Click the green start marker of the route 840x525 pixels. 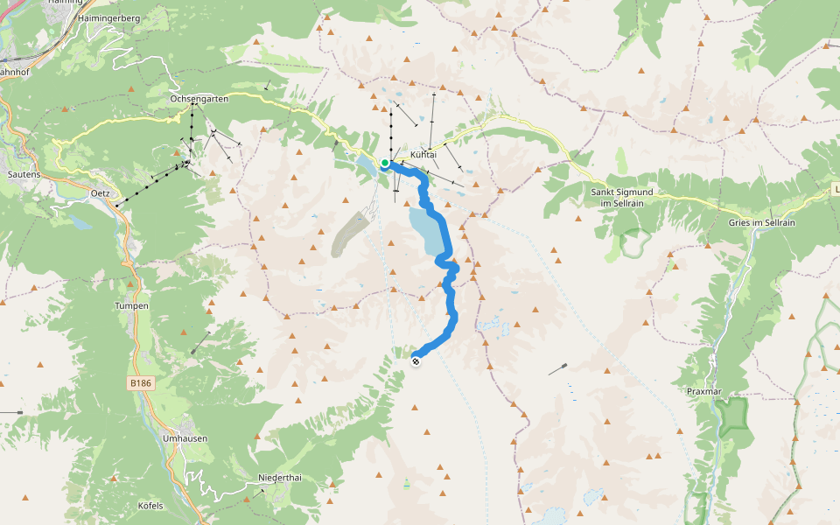tap(385, 163)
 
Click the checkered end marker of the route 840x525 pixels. tap(416, 361)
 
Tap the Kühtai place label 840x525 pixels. tap(423, 154)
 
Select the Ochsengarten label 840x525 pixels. tap(199, 100)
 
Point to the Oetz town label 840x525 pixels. tap(99, 192)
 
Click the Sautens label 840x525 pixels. tap(24, 174)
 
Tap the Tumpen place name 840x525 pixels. tap(132, 306)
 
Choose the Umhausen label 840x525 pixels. tap(185, 438)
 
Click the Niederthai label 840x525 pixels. tap(279, 478)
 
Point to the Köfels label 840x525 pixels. tap(150, 506)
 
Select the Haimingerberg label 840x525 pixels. tap(108, 17)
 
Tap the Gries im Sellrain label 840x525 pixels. tap(761, 223)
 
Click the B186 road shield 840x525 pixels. tap(140, 383)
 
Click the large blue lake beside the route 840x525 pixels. tap(426, 230)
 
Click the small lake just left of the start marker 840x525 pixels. tap(366, 162)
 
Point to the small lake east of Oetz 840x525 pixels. tap(80, 222)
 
